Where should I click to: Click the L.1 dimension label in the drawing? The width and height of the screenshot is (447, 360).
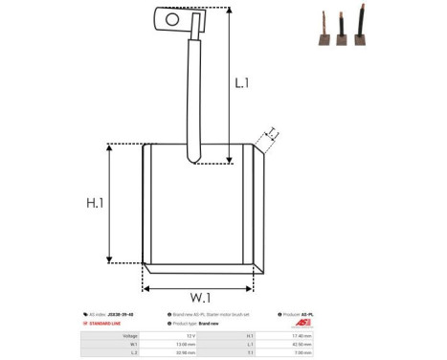pyautogui.click(x=242, y=83)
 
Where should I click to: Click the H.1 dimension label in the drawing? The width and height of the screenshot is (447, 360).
pyautogui.click(x=95, y=203)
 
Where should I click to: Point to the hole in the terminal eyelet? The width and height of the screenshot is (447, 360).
pyautogui.click(x=172, y=17)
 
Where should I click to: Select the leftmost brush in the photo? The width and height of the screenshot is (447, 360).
pyautogui.click(x=321, y=34)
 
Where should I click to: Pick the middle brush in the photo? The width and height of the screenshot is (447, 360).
pyautogui.click(x=340, y=31)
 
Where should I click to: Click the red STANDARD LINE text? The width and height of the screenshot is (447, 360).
pyautogui.click(x=108, y=324)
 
